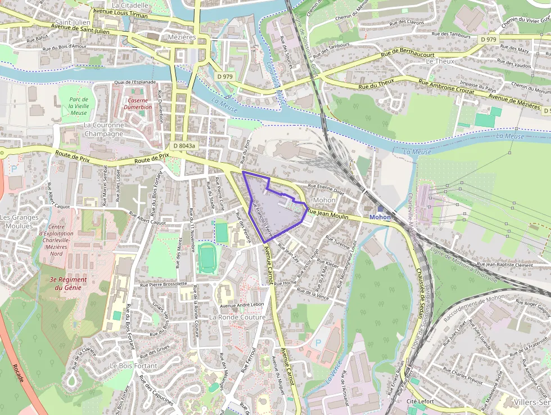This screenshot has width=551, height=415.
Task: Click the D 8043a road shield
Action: pos(184,145)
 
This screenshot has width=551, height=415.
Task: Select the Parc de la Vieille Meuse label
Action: pos(79,106)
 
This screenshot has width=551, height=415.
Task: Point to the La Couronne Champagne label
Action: pos(103,130)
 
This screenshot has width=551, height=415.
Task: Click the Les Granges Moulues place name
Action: pos(19,221)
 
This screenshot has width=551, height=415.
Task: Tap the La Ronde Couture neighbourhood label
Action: pos(237,317)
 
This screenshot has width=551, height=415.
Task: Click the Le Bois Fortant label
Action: pos(134,365)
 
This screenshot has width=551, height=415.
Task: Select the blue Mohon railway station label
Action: pos(380,217)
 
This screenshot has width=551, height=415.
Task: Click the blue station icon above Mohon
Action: pos(380,209)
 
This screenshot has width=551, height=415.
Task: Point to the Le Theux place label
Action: pos(440,61)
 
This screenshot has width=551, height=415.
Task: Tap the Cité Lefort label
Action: pos(421,401)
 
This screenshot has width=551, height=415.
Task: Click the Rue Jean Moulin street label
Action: pos(336,214)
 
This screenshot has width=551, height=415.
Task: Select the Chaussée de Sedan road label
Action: pos(419,292)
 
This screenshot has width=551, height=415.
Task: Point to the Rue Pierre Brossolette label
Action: pos(164,284)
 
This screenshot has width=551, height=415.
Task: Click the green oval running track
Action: pos(207,257)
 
